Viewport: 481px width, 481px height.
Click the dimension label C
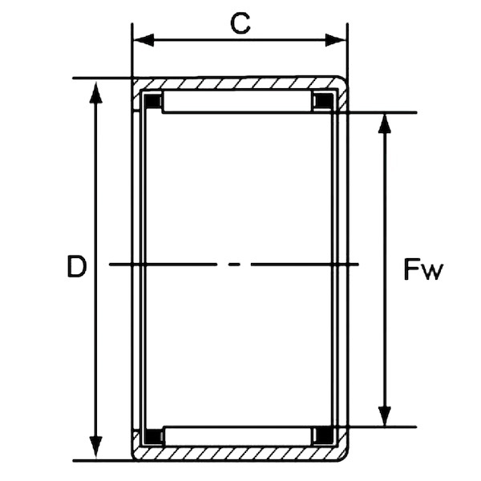(240, 23)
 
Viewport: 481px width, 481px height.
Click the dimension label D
(76, 267)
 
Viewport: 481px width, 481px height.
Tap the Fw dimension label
(422, 271)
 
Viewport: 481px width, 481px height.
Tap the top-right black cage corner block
(323, 102)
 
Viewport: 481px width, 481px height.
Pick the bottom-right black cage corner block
(323, 436)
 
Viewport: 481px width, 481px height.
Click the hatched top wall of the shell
(240, 83)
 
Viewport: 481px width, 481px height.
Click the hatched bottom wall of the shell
(240, 455)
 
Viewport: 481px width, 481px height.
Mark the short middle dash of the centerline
(233, 264)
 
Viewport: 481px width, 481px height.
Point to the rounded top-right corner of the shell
(343, 83)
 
